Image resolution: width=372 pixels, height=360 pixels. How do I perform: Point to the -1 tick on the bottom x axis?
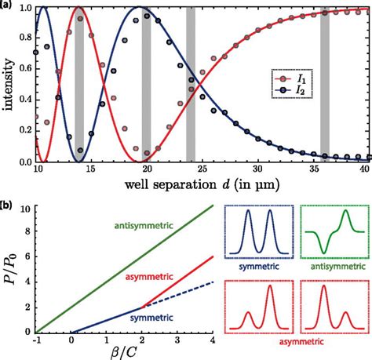37,338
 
